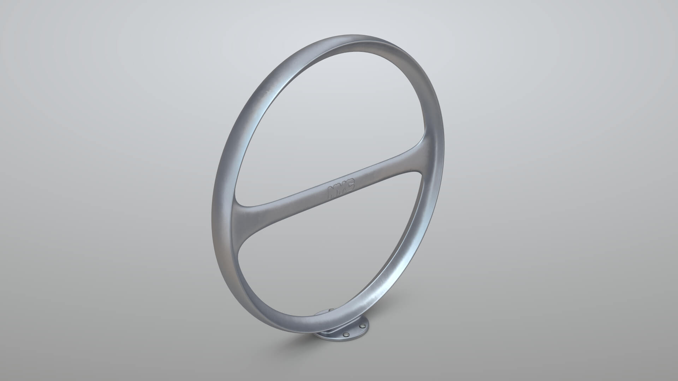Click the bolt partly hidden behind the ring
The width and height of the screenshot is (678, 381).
[331, 310]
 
